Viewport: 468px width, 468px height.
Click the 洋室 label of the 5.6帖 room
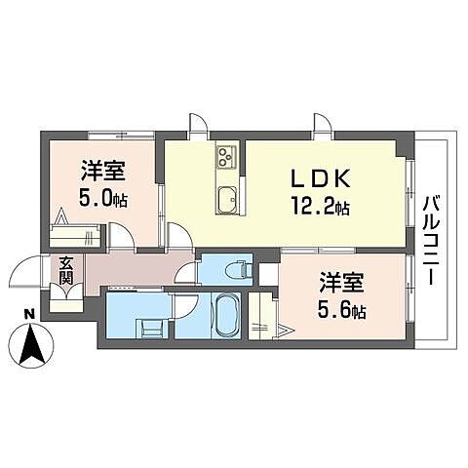tap(342, 286)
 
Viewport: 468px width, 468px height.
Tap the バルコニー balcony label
tap(430, 240)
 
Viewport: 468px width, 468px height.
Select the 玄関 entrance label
tap(65, 270)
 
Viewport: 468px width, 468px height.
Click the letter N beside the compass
tap(29, 314)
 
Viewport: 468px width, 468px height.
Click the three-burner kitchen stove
tap(226, 156)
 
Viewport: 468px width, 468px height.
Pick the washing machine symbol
tap(152, 327)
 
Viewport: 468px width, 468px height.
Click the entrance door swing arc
tap(26, 275)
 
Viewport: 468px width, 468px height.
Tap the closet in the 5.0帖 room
tap(75, 235)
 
